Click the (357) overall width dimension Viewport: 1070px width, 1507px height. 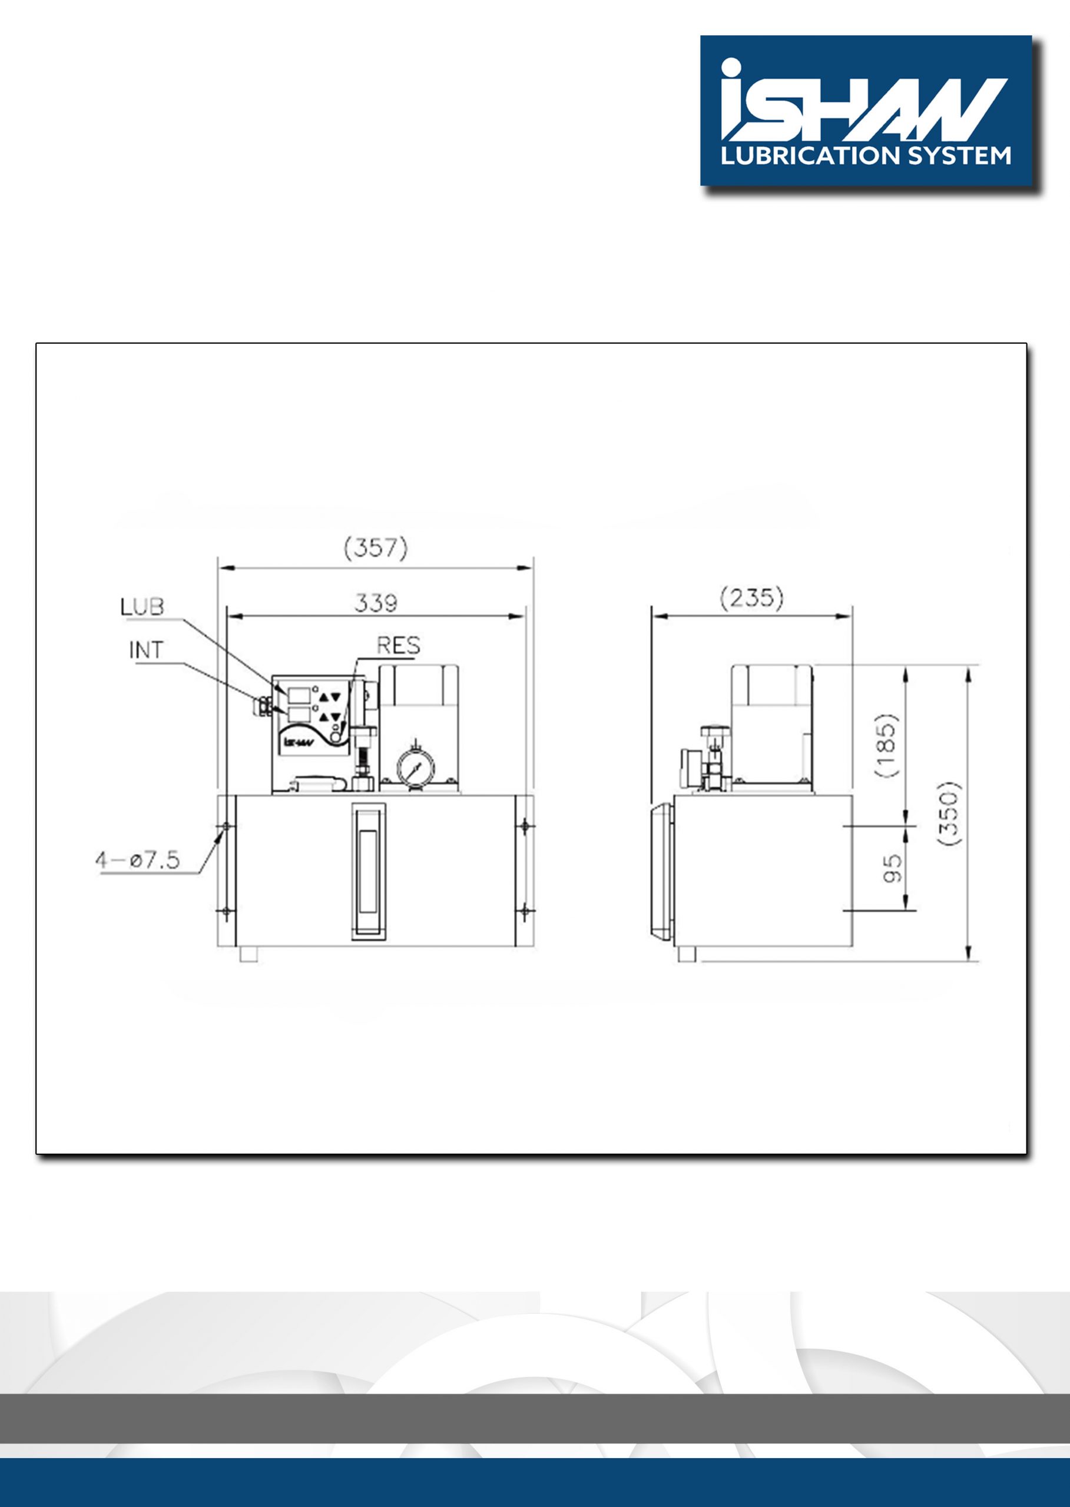(x=376, y=548)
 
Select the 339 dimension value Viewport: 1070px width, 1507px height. (x=376, y=603)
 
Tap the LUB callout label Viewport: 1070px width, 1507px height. (x=142, y=606)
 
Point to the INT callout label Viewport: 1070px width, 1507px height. (x=145, y=650)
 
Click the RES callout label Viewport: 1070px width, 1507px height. (x=398, y=646)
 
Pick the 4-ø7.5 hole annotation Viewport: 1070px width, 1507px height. (x=138, y=860)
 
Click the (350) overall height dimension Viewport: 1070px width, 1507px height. (x=949, y=814)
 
